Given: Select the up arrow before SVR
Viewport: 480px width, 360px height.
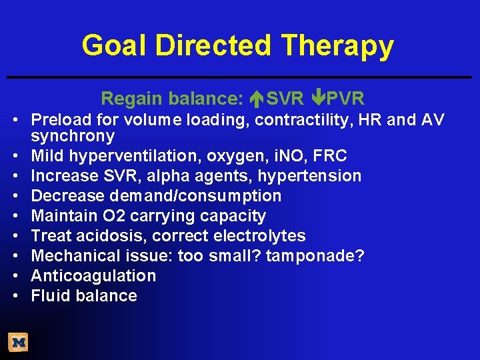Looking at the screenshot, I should (258, 99).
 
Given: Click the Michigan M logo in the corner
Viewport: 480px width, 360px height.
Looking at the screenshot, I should (18, 343).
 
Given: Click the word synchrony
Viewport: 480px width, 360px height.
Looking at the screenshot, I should (73, 136).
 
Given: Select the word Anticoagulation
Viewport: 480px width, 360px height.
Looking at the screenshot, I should (93, 276).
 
